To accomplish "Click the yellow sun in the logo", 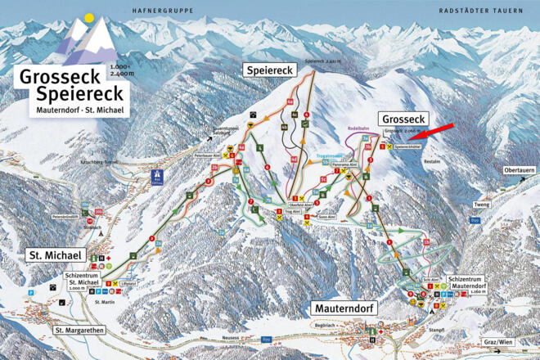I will pyautogui.click(x=88, y=17).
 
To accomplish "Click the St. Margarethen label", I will pyautogui.click(x=82, y=330).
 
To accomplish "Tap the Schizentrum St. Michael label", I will pyautogui.click(x=87, y=282).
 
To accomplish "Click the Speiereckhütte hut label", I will pyautogui.click(x=408, y=147).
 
